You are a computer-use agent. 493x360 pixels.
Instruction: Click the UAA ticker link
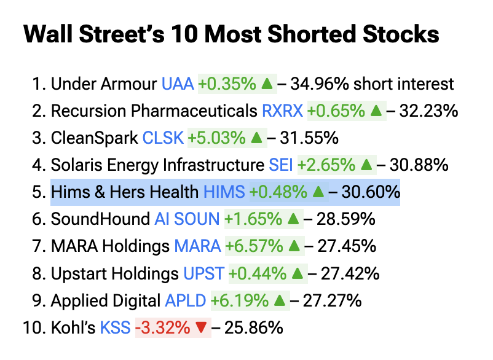(x=178, y=84)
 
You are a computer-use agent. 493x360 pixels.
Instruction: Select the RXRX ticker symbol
(x=282, y=111)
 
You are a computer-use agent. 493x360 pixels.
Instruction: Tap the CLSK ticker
(x=163, y=138)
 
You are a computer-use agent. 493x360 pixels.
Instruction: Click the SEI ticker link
(x=281, y=165)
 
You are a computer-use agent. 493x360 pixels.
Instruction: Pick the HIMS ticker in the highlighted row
(x=224, y=192)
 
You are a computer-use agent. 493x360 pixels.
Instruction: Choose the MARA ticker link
(x=197, y=246)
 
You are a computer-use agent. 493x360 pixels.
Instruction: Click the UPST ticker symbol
(x=203, y=273)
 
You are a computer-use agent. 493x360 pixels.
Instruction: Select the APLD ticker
(x=186, y=300)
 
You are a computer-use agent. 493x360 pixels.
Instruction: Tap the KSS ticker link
(x=116, y=327)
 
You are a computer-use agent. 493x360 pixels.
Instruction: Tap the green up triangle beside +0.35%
(x=267, y=84)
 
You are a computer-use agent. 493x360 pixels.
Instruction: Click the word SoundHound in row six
(x=100, y=219)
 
